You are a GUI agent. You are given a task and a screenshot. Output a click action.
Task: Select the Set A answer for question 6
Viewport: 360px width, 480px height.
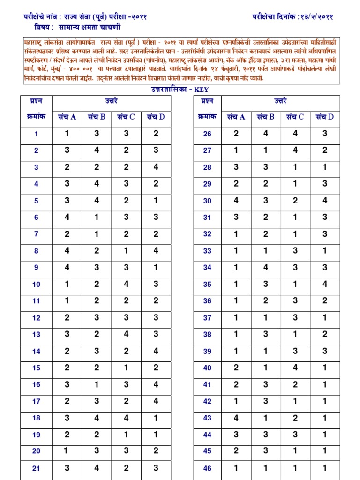click(67, 217)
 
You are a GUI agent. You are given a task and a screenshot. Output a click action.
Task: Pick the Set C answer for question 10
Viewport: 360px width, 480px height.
click(126, 284)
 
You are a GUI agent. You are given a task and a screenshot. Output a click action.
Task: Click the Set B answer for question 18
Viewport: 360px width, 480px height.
click(97, 418)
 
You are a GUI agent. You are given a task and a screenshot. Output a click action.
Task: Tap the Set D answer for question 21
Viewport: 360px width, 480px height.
click(156, 468)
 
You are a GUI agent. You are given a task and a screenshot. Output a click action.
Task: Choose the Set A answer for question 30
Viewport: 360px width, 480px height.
click(236, 201)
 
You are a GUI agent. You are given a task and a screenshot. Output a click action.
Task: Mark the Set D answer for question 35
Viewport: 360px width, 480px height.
click(325, 284)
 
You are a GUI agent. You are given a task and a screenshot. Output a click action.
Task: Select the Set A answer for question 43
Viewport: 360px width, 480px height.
click(236, 418)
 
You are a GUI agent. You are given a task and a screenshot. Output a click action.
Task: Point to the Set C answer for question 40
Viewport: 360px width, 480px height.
click(295, 367)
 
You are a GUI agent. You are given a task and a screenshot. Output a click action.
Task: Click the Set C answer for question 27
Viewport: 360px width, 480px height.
click(295, 150)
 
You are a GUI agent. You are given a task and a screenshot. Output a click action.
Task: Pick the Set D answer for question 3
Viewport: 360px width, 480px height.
click(156, 167)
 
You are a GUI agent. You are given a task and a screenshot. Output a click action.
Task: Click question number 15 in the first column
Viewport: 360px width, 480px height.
click(36, 368)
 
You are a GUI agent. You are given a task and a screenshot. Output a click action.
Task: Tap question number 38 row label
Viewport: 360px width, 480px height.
click(207, 335)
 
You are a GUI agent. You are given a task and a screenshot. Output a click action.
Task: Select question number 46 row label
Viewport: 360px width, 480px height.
click(207, 468)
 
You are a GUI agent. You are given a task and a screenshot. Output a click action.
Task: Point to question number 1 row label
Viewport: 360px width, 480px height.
click(36, 134)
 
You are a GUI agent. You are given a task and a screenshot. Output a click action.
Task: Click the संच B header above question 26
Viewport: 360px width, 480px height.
click(265, 117)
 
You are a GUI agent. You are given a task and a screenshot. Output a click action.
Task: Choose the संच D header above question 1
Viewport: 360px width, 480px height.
click(156, 117)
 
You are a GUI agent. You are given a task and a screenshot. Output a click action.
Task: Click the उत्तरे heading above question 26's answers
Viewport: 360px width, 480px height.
click(281, 101)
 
